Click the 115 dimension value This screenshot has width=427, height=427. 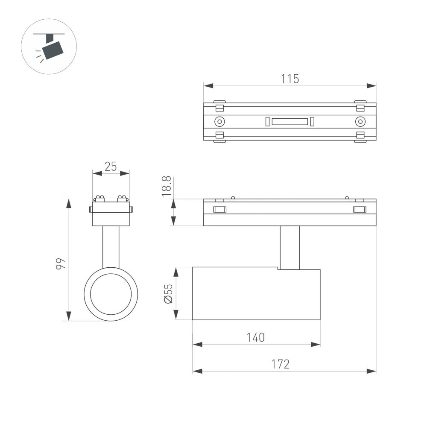coord(290,79)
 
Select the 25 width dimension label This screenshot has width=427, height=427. coord(111,167)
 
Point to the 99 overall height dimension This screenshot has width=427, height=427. coord(61,263)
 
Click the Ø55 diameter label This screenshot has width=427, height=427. coord(168,293)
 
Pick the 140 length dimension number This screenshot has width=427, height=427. coord(256,337)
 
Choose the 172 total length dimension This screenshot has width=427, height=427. coord(281,364)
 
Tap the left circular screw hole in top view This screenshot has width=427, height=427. coord(219,122)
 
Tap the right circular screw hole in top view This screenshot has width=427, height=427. coord(360,122)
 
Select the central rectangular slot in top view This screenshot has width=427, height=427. coord(290,122)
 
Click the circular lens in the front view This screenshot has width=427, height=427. coord(111,294)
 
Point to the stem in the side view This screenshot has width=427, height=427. coord(290,248)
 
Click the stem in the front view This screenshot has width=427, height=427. coord(111,246)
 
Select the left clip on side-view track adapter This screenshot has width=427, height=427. coord(219,209)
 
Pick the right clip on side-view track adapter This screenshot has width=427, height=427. coord(360,209)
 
